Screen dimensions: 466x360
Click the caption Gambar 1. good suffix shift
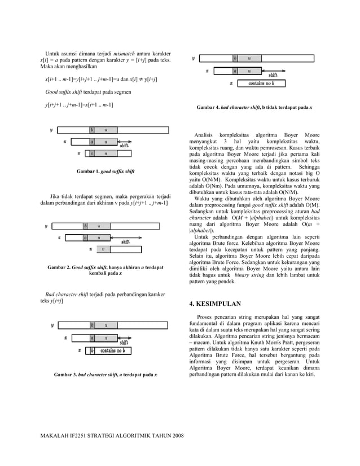[x=106, y=170]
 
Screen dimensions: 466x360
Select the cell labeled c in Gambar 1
[x=91, y=153]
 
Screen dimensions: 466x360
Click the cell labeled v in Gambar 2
[x=103, y=249]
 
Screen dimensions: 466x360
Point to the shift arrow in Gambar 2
[x=125, y=238]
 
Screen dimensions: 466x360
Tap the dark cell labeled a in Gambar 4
[x=235, y=71]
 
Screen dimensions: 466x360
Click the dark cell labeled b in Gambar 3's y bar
[x=92, y=325]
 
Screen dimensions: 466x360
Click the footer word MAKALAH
[x=55, y=436]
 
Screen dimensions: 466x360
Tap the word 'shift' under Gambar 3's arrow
[x=124, y=342]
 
